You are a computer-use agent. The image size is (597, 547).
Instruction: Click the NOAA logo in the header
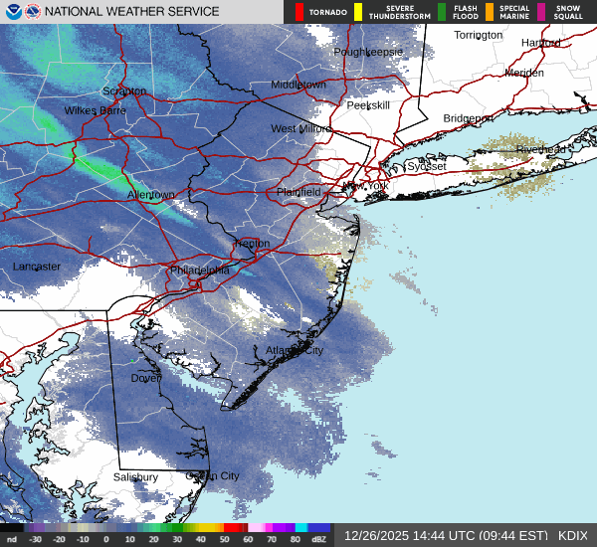coord(12,11)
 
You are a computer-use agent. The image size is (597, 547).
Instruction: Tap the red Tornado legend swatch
coord(299,12)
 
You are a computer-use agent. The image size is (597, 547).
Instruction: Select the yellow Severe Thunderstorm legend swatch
coord(357,12)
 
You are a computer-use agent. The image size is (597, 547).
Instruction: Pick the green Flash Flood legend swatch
coord(442,12)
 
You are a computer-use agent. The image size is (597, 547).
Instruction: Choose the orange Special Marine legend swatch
coord(490,12)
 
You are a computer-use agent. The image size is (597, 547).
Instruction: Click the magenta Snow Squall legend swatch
coord(541,12)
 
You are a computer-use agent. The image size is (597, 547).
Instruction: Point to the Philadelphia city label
coord(199,270)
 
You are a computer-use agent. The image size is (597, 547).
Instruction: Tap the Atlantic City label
coord(295,350)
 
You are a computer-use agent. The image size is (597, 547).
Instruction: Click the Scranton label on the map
coord(124,91)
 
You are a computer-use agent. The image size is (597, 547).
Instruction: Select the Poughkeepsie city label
coord(368,51)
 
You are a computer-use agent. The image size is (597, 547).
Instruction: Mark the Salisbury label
coord(135,477)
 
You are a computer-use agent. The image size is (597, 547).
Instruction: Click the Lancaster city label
coord(37,267)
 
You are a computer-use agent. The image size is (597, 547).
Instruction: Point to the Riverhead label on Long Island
coord(540,149)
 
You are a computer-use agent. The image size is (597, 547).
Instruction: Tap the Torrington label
coord(479,35)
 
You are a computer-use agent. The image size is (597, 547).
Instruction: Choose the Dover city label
coord(146,378)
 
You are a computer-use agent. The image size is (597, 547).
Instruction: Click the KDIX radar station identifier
coord(572,535)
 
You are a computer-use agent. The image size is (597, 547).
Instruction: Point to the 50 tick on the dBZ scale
coord(224,539)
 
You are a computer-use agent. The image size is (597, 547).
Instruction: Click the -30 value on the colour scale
coord(36,539)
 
